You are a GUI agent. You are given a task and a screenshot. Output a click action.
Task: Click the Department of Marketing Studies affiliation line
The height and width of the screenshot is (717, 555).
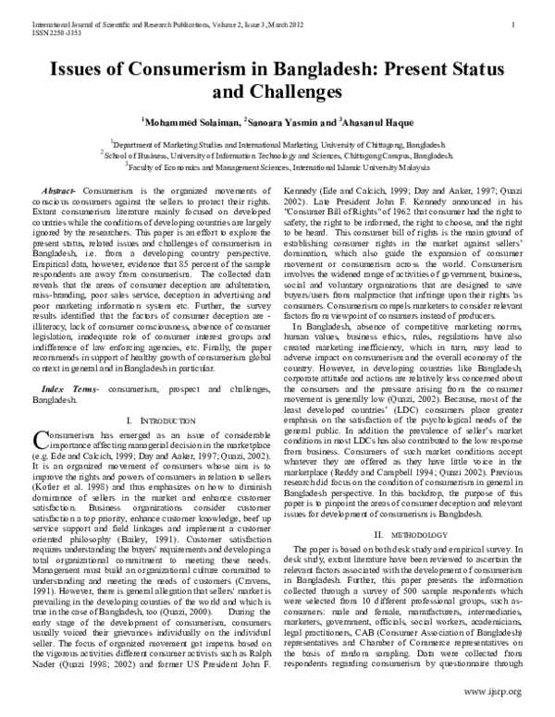click(277, 144)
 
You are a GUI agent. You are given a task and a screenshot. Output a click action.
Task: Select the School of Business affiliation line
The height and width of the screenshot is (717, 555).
click(277, 156)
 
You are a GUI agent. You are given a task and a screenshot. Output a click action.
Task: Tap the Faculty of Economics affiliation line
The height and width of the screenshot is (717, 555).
click(277, 168)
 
